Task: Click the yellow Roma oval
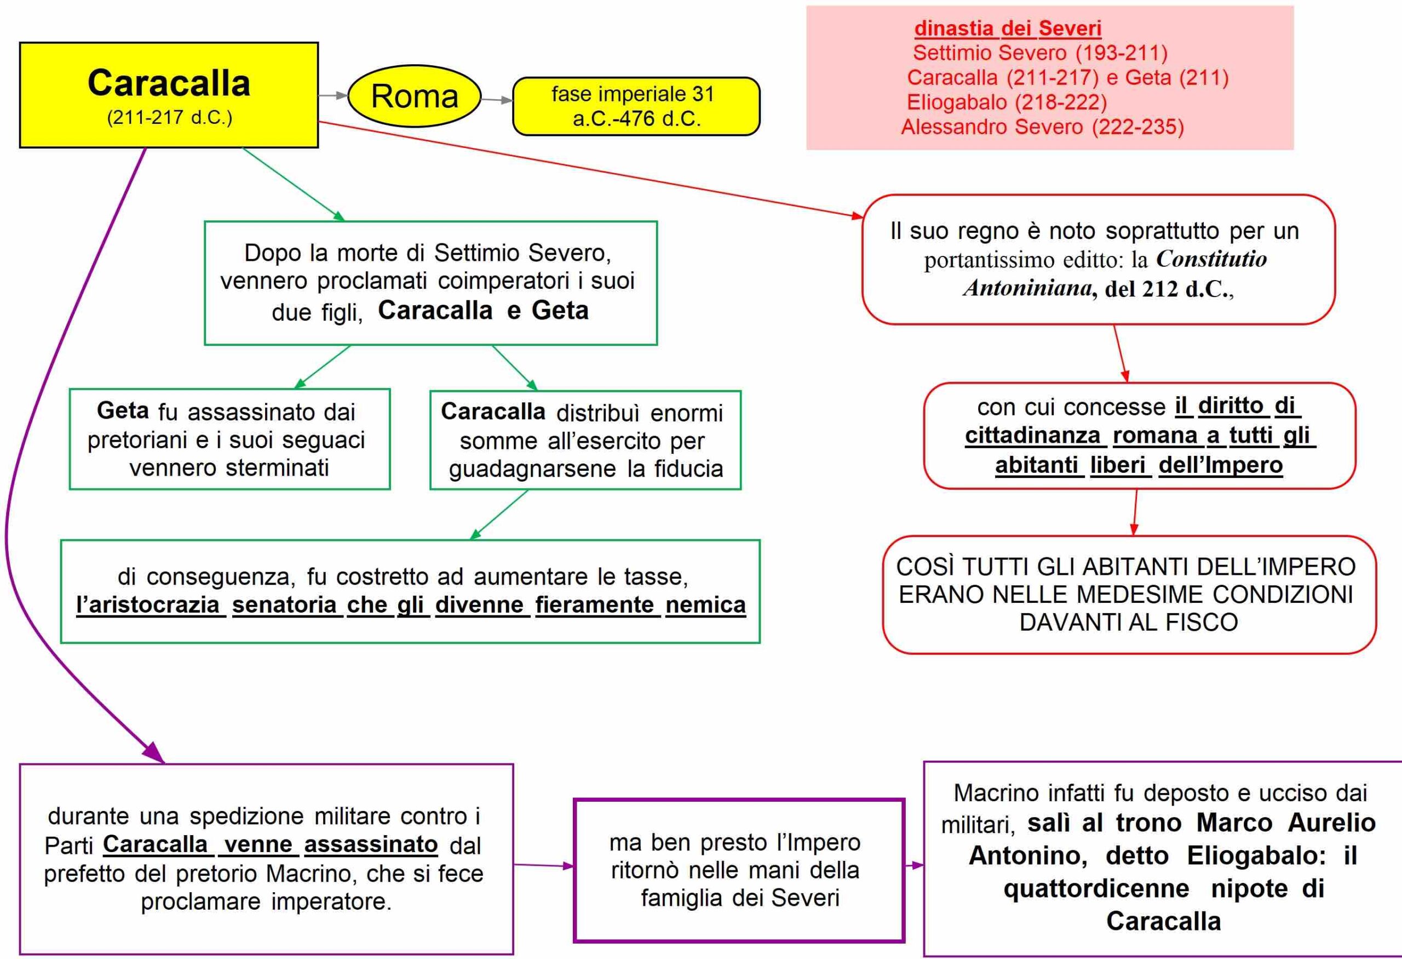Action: (415, 96)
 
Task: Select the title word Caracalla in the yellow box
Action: (169, 83)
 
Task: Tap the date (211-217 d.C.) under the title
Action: (170, 117)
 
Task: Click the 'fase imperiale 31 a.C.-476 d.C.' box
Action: (636, 106)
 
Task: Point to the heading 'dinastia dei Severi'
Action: (1008, 28)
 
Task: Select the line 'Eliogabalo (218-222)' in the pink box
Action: (1007, 102)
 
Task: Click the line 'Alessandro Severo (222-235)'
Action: (1042, 127)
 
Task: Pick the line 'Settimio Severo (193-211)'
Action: (1040, 53)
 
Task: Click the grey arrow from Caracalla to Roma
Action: (333, 95)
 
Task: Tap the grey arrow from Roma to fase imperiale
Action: (497, 100)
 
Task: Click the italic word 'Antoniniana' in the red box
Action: (1027, 288)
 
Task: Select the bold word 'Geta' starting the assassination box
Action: (123, 410)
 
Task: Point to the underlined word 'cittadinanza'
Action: (1032, 435)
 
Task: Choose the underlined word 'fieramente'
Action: (594, 605)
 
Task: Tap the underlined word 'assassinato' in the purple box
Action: (371, 844)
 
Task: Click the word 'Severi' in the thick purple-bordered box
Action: (806, 898)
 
